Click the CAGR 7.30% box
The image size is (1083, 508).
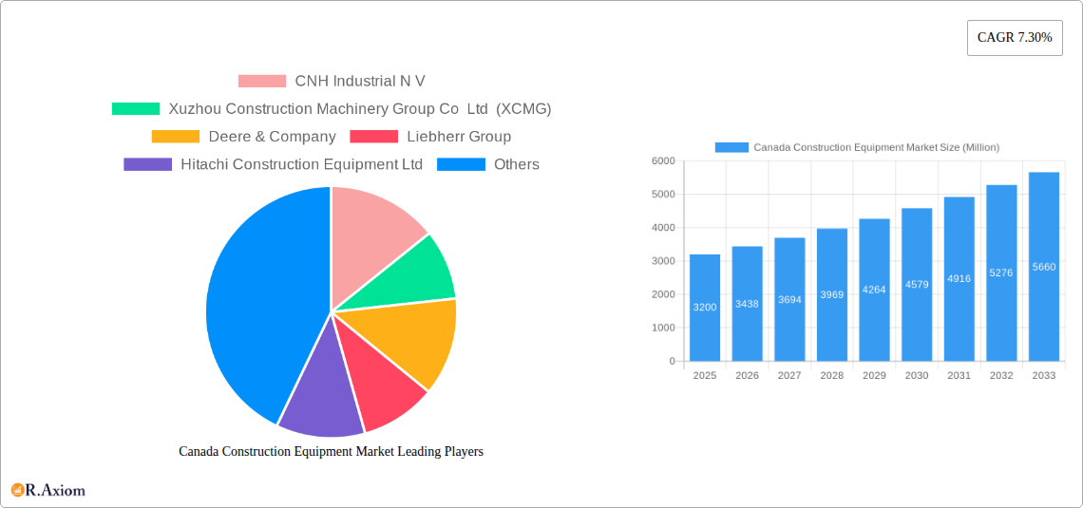click(x=1015, y=38)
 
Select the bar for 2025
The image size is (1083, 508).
click(x=705, y=308)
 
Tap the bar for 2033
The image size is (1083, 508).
click(x=1043, y=267)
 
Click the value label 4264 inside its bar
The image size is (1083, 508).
click(x=874, y=290)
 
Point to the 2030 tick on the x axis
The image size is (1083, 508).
click(x=917, y=376)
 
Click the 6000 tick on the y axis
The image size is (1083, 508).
click(x=662, y=161)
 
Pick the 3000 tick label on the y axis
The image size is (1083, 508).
click(x=662, y=261)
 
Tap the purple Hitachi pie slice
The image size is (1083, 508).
click(x=318, y=399)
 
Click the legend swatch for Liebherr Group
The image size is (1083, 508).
click(x=373, y=137)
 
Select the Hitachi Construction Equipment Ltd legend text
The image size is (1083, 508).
click(x=301, y=164)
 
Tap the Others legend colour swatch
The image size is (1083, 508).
click(x=461, y=164)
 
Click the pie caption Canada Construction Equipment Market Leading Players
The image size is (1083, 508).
click(x=331, y=451)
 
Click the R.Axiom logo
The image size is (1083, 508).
click(x=48, y=490)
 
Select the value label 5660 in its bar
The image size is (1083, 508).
click(x=1043, y=268)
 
